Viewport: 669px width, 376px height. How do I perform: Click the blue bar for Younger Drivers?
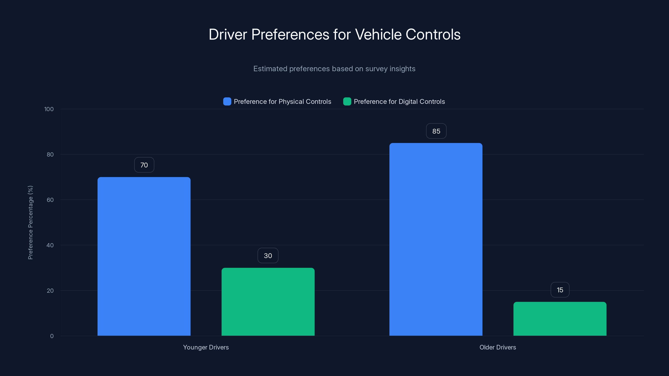144,256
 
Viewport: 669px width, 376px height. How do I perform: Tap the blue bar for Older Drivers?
436,239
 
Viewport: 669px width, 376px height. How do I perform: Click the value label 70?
144,165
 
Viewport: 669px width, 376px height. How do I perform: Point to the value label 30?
268,256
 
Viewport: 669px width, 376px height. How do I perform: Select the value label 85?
436,131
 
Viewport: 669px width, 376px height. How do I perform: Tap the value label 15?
560,290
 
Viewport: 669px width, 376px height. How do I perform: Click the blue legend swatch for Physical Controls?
227,102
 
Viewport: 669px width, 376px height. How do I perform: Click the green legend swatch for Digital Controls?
347,102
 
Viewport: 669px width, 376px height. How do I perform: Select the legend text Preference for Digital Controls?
399,102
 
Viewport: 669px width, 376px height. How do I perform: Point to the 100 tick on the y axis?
49,109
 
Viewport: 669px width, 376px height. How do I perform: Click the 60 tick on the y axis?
50,200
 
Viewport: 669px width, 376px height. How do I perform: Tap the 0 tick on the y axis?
52,336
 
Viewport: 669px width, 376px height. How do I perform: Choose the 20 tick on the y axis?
50,291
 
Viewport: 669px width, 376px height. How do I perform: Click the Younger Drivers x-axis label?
206,347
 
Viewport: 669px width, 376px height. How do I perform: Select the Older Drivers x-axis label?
498,347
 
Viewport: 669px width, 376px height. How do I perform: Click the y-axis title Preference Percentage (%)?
30,222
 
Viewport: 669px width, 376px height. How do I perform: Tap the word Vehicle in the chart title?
378,34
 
